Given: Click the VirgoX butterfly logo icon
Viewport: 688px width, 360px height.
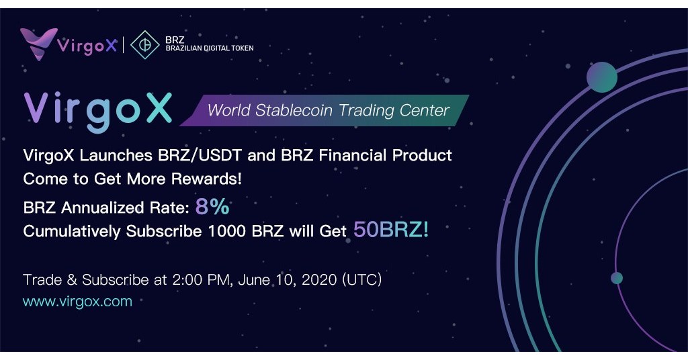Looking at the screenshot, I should click(38, 43).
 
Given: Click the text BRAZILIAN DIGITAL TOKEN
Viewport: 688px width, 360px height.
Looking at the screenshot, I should click(210, 49).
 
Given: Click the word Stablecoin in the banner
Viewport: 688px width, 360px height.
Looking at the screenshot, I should click(294, 109).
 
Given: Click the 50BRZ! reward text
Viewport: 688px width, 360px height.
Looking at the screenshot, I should click(391, 230).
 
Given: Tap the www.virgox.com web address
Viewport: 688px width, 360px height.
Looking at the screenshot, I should click(77, 301).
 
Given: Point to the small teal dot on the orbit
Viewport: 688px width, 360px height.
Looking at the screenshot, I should click(616, 278).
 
